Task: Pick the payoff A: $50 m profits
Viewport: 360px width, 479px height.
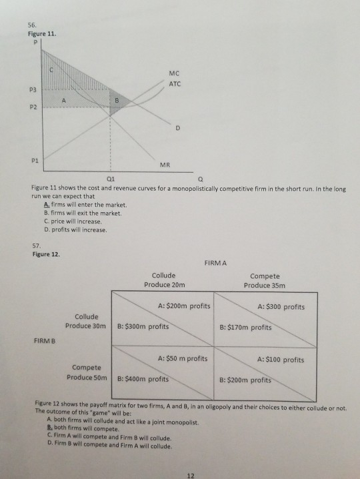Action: [182, 360]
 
